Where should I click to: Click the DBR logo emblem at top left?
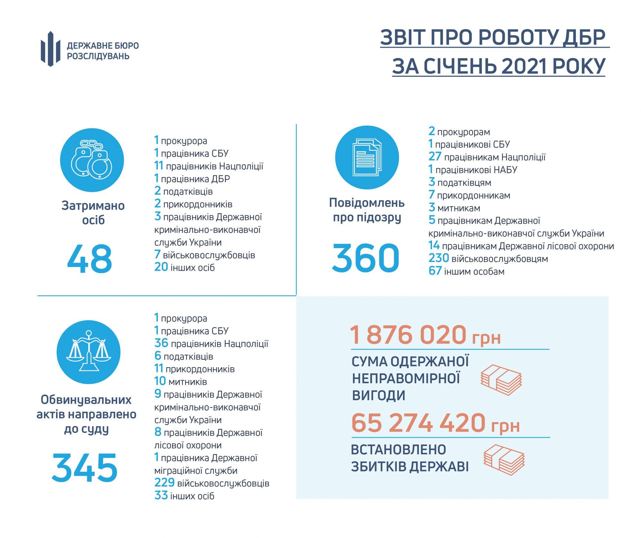(50, 49)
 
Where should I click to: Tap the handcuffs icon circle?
(92, 160)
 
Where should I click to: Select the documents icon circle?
(367, 157)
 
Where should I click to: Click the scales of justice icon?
(88, 352)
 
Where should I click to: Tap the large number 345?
(85, 467)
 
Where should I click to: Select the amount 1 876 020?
(408, 334)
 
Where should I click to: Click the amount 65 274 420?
(418, 423)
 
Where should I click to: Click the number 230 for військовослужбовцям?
(438, 258)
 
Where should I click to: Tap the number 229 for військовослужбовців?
(164, 483)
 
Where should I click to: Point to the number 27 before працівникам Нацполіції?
(435, 156)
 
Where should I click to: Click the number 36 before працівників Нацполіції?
(161, 343)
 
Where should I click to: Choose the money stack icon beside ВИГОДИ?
(501, 380)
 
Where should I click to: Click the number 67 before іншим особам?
(435, 271)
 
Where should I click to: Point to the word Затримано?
(93, 206)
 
